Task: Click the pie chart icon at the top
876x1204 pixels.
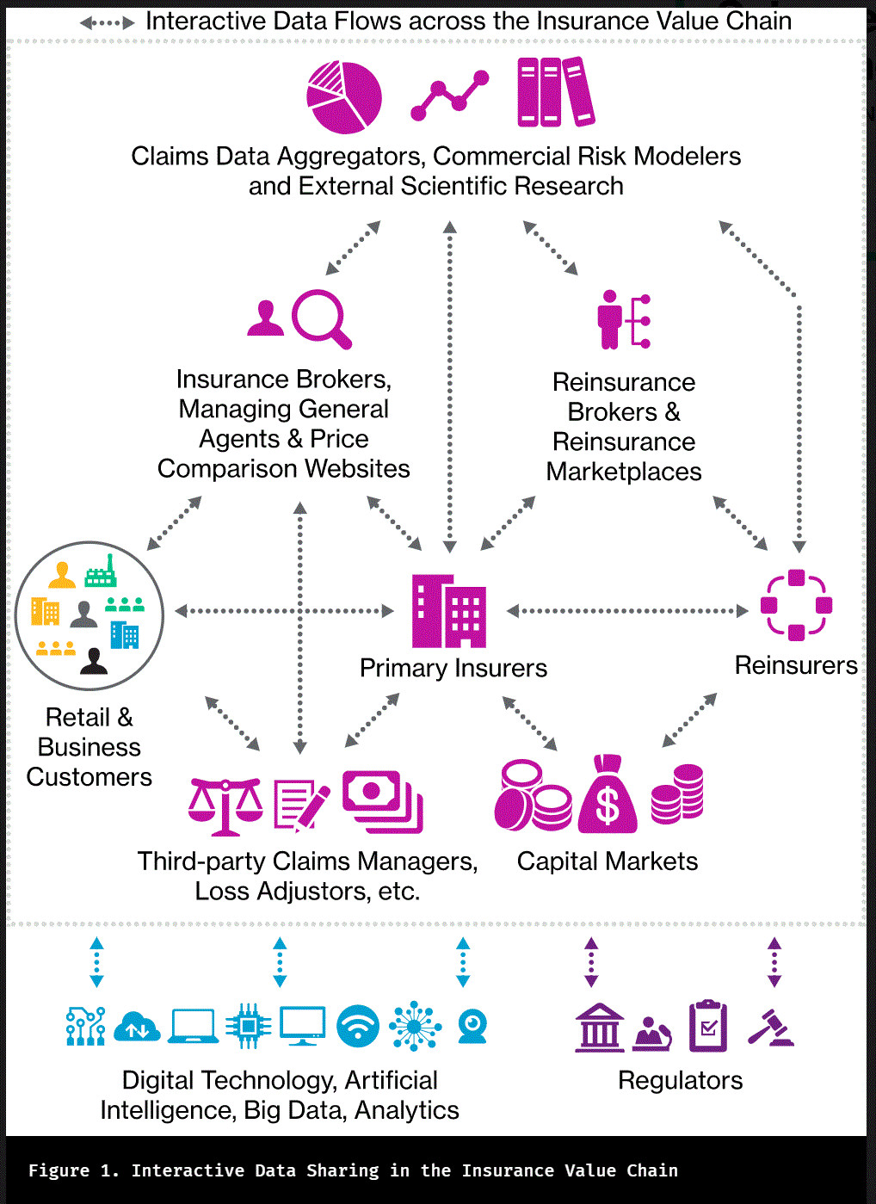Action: [344, 97]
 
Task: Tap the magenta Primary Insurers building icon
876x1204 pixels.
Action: [448, 611]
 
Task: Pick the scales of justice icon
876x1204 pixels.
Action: [225, 806]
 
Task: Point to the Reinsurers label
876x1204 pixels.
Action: [796, 665]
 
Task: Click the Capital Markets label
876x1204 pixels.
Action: [608, 861]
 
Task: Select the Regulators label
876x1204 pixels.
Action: [680, 1080]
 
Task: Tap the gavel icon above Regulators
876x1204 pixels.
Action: [771, 1027]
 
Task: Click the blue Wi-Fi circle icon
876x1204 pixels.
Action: [358, 1026]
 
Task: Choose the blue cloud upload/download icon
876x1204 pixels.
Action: [137, 1027]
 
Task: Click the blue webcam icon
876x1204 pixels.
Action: [472, 1026]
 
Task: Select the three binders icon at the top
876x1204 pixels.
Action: [555, 92]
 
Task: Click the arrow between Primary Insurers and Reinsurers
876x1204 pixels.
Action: [627, 611]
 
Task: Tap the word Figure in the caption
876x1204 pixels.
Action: [59, 1170]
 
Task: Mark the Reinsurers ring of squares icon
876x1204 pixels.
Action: [796, 605]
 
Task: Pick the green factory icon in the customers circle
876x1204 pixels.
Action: [101, 572]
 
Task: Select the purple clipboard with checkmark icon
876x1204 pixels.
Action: [708, 1026]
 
